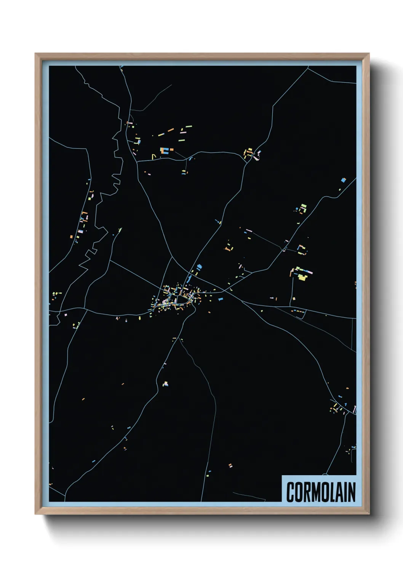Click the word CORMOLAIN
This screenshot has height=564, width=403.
[x=321, y=492]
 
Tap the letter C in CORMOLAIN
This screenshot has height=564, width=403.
[x=290, y=492]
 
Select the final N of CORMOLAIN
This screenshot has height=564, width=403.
[x=351, y=492]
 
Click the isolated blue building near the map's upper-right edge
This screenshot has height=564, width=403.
[x=343, y=180]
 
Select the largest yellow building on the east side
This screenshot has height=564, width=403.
[x=302, y=277]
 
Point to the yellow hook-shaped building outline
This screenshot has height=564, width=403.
[x=154, y=156]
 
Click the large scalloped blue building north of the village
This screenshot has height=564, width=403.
[x=198, y=267]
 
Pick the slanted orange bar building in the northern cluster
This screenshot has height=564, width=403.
[x=171, y=130]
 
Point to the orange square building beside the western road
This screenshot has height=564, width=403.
[x=71, y=237]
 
